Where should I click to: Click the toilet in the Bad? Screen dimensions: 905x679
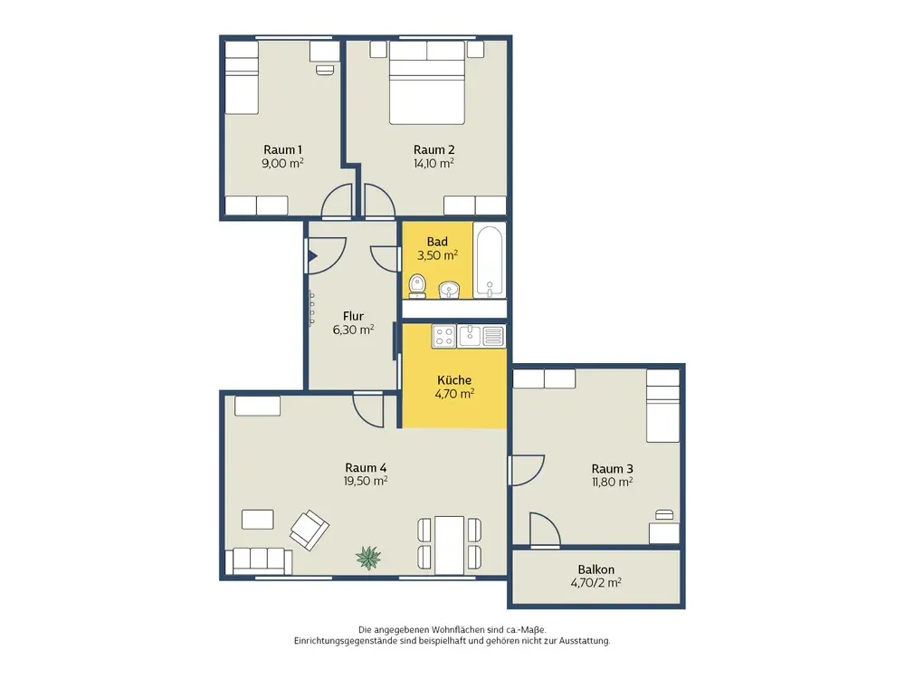pyautogui.click(x=417, y=286)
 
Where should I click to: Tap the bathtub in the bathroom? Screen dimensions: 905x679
pyautogui.click(x=490, y=261)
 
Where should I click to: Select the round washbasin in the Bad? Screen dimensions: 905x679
pyautogui.click(x=449, y=290)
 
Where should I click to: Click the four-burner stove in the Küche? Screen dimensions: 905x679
pyautogui.click(x=443, y=336)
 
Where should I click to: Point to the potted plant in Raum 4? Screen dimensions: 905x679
pyautogui.click(x=368, y=558)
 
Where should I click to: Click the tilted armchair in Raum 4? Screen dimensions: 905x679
pyautogui.click(x=309, y=530)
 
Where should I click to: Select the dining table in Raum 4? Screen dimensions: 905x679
pyautogui.click(x=450, y=542)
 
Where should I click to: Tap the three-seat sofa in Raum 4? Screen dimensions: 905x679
pyautogui.click(x=259, y=561)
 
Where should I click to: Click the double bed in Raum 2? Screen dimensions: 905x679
pyautogui.click(x=427, y=82)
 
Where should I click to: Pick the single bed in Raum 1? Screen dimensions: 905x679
pyautogui.click(x=242, y=78)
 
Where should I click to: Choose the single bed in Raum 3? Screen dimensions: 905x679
pyautogui.click(x=662, y=406)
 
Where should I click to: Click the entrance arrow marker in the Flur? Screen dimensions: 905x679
pyautogui.click(x=312, y=256)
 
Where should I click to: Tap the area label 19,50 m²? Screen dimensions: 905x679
pyautogui.click(x=366, y=481)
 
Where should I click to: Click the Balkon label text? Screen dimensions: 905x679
pyautogui.click(x=596, y=569)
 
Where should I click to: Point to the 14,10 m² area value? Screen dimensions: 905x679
pyautogui.click(x=433, y=163)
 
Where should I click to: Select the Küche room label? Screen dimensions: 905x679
pyautogui.click(x=454, y=380)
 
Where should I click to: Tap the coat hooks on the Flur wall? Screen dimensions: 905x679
pyautogui.click(x=311, y=307)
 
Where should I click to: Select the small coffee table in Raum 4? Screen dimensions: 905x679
pyautogui.click(x=257, y=519)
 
